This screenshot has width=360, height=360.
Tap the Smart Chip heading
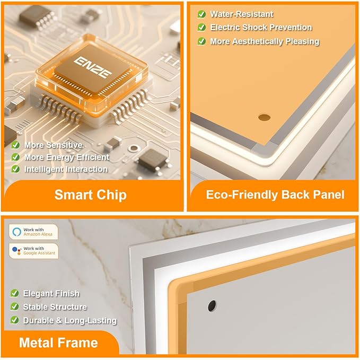[x=91, y=195]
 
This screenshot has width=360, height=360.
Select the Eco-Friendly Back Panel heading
[x=275, y=195]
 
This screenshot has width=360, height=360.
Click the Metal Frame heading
[x=58, y=343]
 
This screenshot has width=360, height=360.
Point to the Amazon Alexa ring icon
[x=17, y=232]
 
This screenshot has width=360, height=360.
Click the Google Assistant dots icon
[x=16, y=250]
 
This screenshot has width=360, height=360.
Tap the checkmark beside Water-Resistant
[x=201, y=14]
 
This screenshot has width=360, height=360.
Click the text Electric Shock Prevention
[x=261, y=28]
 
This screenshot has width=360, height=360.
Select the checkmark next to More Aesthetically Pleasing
[x=201, y=41]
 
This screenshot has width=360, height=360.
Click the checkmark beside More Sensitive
[x=15, y=145]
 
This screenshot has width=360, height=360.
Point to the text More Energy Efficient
[x=67, y=157]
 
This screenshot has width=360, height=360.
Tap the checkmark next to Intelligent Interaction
[x=15, y=169]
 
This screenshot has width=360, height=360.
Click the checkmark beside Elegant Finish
[x=14, y=293]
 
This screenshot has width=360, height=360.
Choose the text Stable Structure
[x=55, y=307]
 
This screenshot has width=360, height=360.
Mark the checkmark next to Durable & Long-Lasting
[x=14, y=320]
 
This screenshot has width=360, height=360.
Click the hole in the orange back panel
[x=264, y=118]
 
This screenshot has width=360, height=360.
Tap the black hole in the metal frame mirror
[x=212, y=306]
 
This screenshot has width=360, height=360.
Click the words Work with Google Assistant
[x=39, y=251]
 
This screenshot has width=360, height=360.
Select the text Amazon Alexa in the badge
[x=38, y=234]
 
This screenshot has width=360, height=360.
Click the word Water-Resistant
[x=242, y=14]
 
